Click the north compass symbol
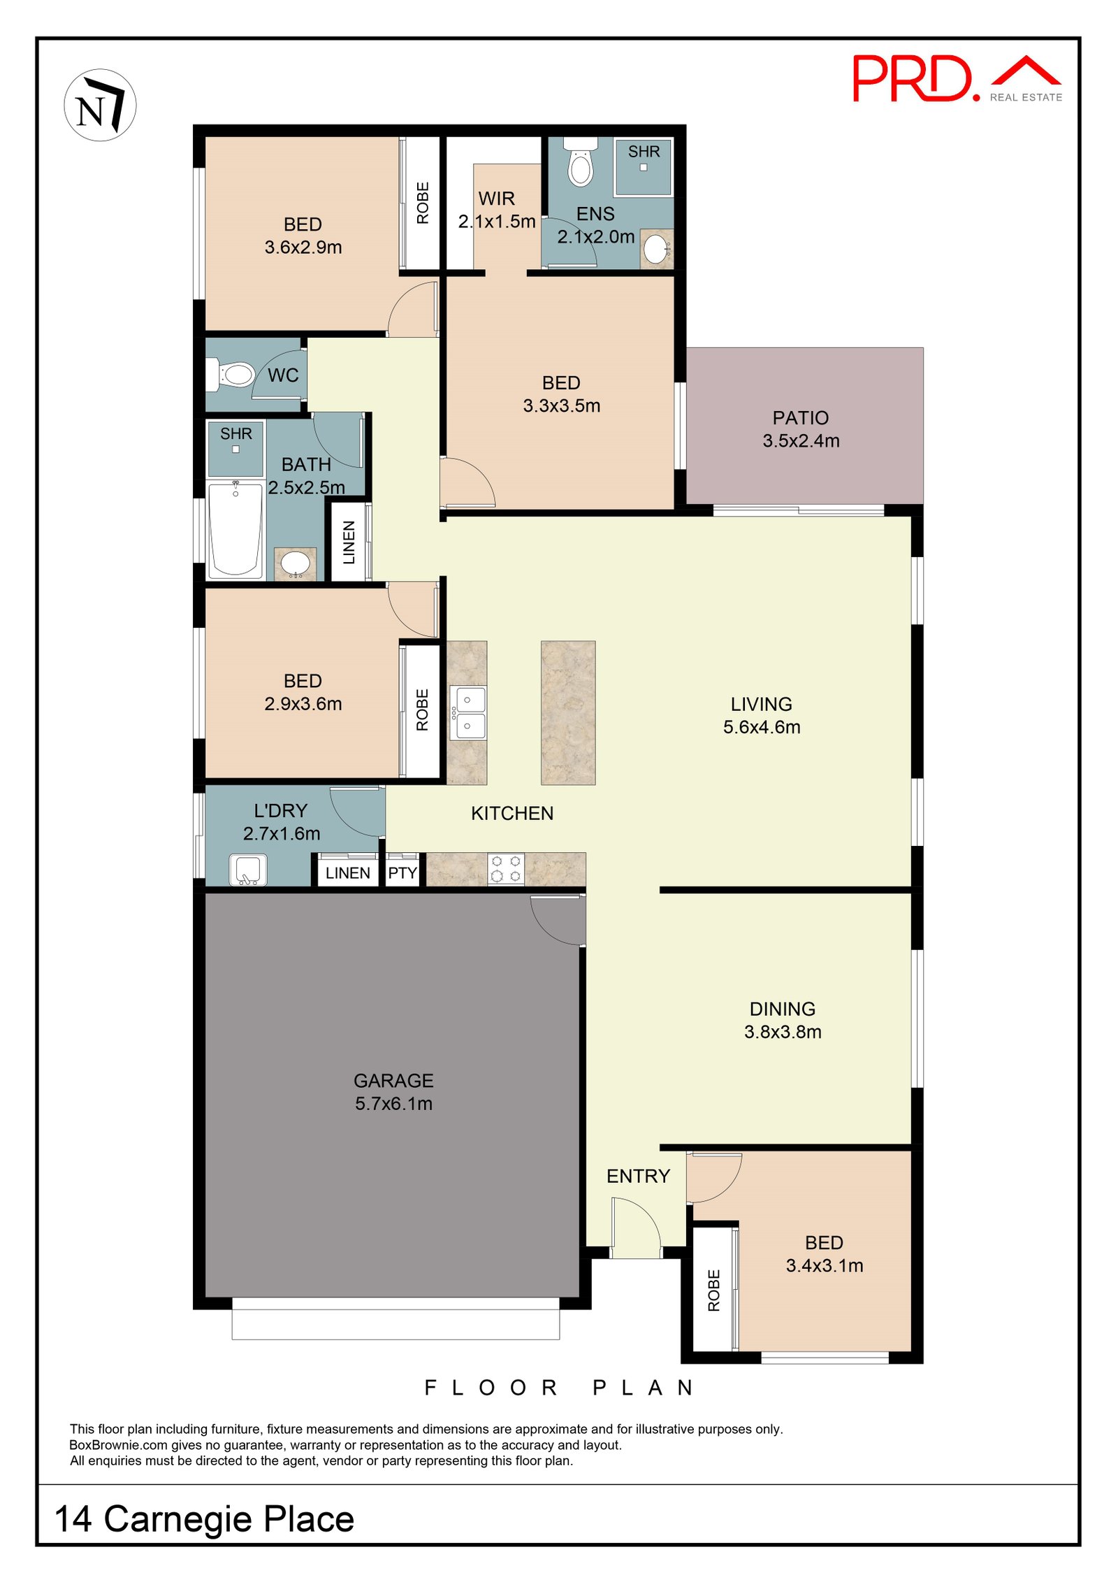(100, 106)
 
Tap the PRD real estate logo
(956, 79)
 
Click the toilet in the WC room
(233, 375)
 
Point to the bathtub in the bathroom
(235, 529)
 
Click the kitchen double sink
(467, 712)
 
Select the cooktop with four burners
(506, 869)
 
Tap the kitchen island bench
(567, 712)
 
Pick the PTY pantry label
(402, 873)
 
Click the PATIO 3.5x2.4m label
(801, 429)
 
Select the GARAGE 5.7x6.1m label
(393, 1092)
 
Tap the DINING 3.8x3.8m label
(782, 1020)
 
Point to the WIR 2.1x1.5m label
(497, 210)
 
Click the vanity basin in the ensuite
(656, 249)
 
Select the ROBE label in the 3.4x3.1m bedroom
(713, 1290)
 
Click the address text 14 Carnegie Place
(204, 1518)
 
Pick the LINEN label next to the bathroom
(349, 542)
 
